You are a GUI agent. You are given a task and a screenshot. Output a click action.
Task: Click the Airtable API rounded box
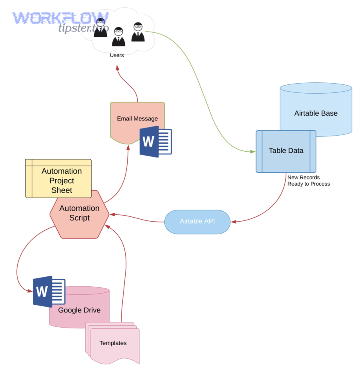pyautogui.click(x=197, y=221)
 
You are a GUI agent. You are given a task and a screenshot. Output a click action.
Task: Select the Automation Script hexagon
pyautogui.click(x=79, y=214)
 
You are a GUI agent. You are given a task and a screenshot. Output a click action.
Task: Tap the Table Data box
pyautogui.click(x=286, y=151)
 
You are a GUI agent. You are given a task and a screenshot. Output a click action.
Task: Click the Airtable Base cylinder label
pyautogui.click(x=316, y=113)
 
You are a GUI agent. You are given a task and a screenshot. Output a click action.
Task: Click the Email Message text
pyautogui.click(x=137, y=118)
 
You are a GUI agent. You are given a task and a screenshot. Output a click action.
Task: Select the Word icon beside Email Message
pyautogui.click(x=156, y=142)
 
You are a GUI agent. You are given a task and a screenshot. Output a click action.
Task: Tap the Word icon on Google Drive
pyautogui.click(x=49, y=292)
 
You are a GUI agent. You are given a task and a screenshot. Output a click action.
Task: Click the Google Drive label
pyautogui.click(x=79, y=310)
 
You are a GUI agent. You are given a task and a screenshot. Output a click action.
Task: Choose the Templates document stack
pyautogui.click(x=113, y=343)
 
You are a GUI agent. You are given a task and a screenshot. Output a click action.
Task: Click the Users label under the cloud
pyautogui.click(x=117, y=55)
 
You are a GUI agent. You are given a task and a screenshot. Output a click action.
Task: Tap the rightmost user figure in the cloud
pyautogui.click(x=138, y=32)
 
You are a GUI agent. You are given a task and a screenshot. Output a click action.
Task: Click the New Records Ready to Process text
pyautogui.click(x=308, y=181)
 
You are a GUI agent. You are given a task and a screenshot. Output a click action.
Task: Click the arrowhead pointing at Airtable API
pyautogui.click(x=233, y=222)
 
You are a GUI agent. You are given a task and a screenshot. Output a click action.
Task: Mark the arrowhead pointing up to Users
pyautogui.click(x=118, y=68)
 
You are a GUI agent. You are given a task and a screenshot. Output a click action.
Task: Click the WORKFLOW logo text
pyautogui.click(x=60, y=18)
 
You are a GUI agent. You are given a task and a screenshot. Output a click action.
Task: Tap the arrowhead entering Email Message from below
pyautogui.click(x=128, y=148)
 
